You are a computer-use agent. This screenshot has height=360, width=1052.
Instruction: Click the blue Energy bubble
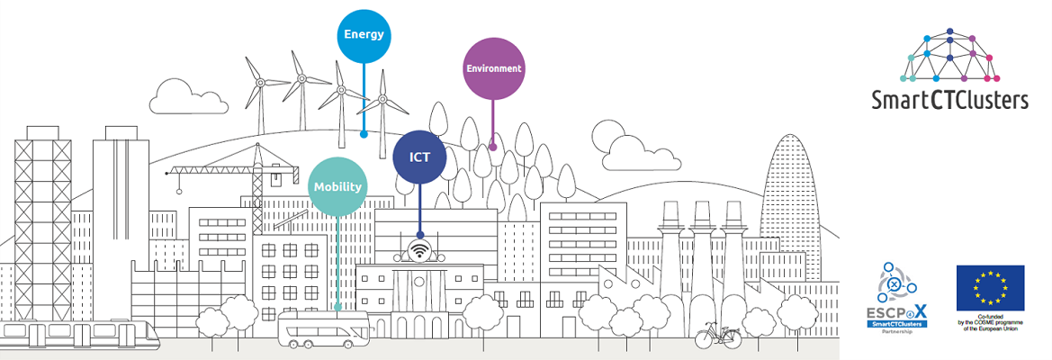[x=364, y=36]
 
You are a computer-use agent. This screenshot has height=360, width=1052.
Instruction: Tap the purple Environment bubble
[x=493, y=68]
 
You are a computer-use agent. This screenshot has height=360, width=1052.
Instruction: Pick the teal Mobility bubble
[x=337, y=187]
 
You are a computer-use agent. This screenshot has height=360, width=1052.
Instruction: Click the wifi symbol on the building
[x=418, y=250]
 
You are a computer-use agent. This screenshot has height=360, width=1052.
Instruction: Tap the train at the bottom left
[x=81, y=336]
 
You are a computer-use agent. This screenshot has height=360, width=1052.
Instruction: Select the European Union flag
[x=990, y=287]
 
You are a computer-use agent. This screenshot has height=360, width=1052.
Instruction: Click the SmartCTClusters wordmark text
[x=949, y=99]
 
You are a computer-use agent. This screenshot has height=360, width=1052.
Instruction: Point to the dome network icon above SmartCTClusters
[x=950, y=53]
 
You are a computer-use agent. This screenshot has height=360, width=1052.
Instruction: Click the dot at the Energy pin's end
[x=364, y=133]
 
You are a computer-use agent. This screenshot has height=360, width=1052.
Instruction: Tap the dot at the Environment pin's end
[x=492, y=146]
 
